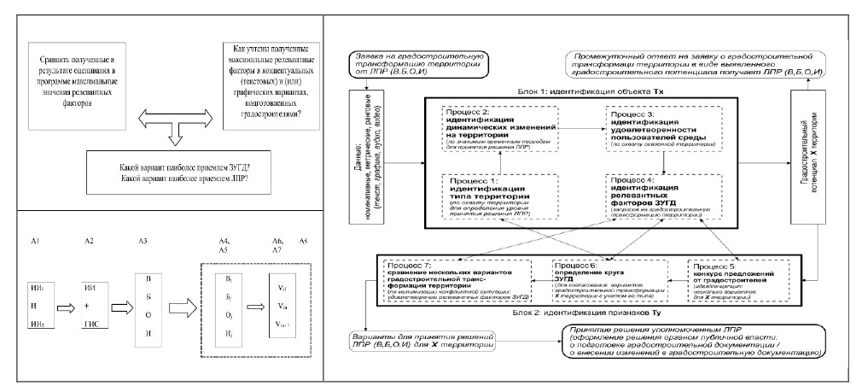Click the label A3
(x=143, y=242)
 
